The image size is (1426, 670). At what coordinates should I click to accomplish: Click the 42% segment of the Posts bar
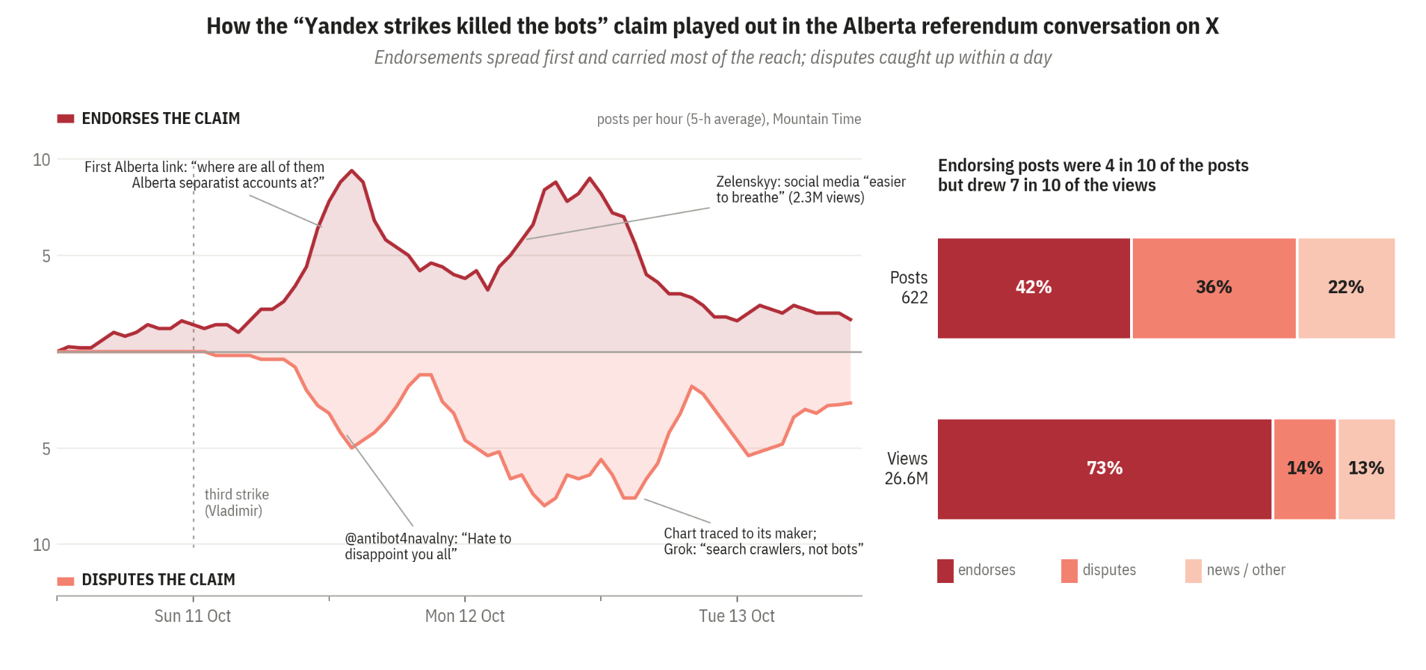1033,288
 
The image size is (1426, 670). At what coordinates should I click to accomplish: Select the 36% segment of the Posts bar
1214,288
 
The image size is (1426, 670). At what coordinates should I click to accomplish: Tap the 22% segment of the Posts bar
1347,288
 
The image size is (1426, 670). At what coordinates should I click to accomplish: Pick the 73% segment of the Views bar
1104,469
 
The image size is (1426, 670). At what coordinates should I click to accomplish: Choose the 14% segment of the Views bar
1305,469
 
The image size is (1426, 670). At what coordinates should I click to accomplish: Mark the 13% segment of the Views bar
1366,469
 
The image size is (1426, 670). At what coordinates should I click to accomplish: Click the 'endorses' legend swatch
946,570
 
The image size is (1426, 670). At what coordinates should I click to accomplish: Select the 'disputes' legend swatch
1069,570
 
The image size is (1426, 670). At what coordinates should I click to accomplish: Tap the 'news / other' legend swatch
1193,570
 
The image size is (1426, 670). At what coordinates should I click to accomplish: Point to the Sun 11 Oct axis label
193,616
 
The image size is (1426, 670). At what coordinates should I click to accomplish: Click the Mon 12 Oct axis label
465,616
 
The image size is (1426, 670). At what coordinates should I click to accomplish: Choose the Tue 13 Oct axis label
737,616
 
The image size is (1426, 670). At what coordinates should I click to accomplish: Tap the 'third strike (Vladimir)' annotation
237,503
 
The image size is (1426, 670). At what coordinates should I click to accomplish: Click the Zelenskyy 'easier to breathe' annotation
811,189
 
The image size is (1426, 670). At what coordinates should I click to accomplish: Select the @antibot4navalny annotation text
428,547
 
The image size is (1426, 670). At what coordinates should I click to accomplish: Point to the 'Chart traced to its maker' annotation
764,541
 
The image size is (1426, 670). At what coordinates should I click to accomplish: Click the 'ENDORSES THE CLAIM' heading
161,118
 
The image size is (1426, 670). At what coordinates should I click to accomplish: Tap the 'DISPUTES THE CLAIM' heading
158,579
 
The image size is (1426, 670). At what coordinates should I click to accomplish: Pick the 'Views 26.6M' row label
907,469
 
